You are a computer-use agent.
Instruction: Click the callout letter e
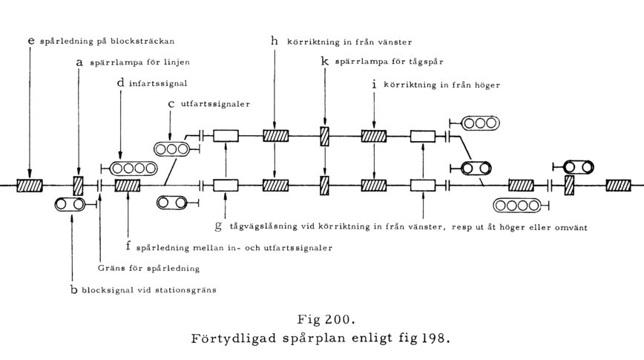click(x=31, y=41)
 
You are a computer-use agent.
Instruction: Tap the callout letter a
click(x=79, y=62)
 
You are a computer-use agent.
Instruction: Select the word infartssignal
click(x=158, y=83)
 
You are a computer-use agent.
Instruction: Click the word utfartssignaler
click(x=215, y=104)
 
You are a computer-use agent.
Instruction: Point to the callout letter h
click(x=275, y=41)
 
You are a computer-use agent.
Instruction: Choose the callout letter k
click(x=325, y=62)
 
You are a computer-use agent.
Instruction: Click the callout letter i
click(x=374, y=84)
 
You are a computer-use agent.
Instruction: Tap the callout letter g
click(x=218, y=226)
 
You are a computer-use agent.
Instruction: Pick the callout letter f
click(x=128, y=246)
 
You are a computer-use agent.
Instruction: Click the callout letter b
click(x=73, y=289)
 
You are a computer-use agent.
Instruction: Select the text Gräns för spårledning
click(x=148, y=269)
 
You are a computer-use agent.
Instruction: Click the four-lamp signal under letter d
click(x=134, y=168)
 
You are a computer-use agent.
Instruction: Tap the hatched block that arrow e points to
click(x=30, y=186)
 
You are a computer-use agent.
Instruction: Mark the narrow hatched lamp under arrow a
click(x=78, y=186)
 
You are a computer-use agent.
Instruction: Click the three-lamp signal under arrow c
click(x=172, y=148)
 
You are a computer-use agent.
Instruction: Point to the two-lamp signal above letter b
click(x=70, y=204)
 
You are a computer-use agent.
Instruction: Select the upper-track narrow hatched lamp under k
click(x=324, y=137)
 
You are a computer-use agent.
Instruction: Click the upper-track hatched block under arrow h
click(x=275, y=136)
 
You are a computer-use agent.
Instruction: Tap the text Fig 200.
click(x=326, y=319)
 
